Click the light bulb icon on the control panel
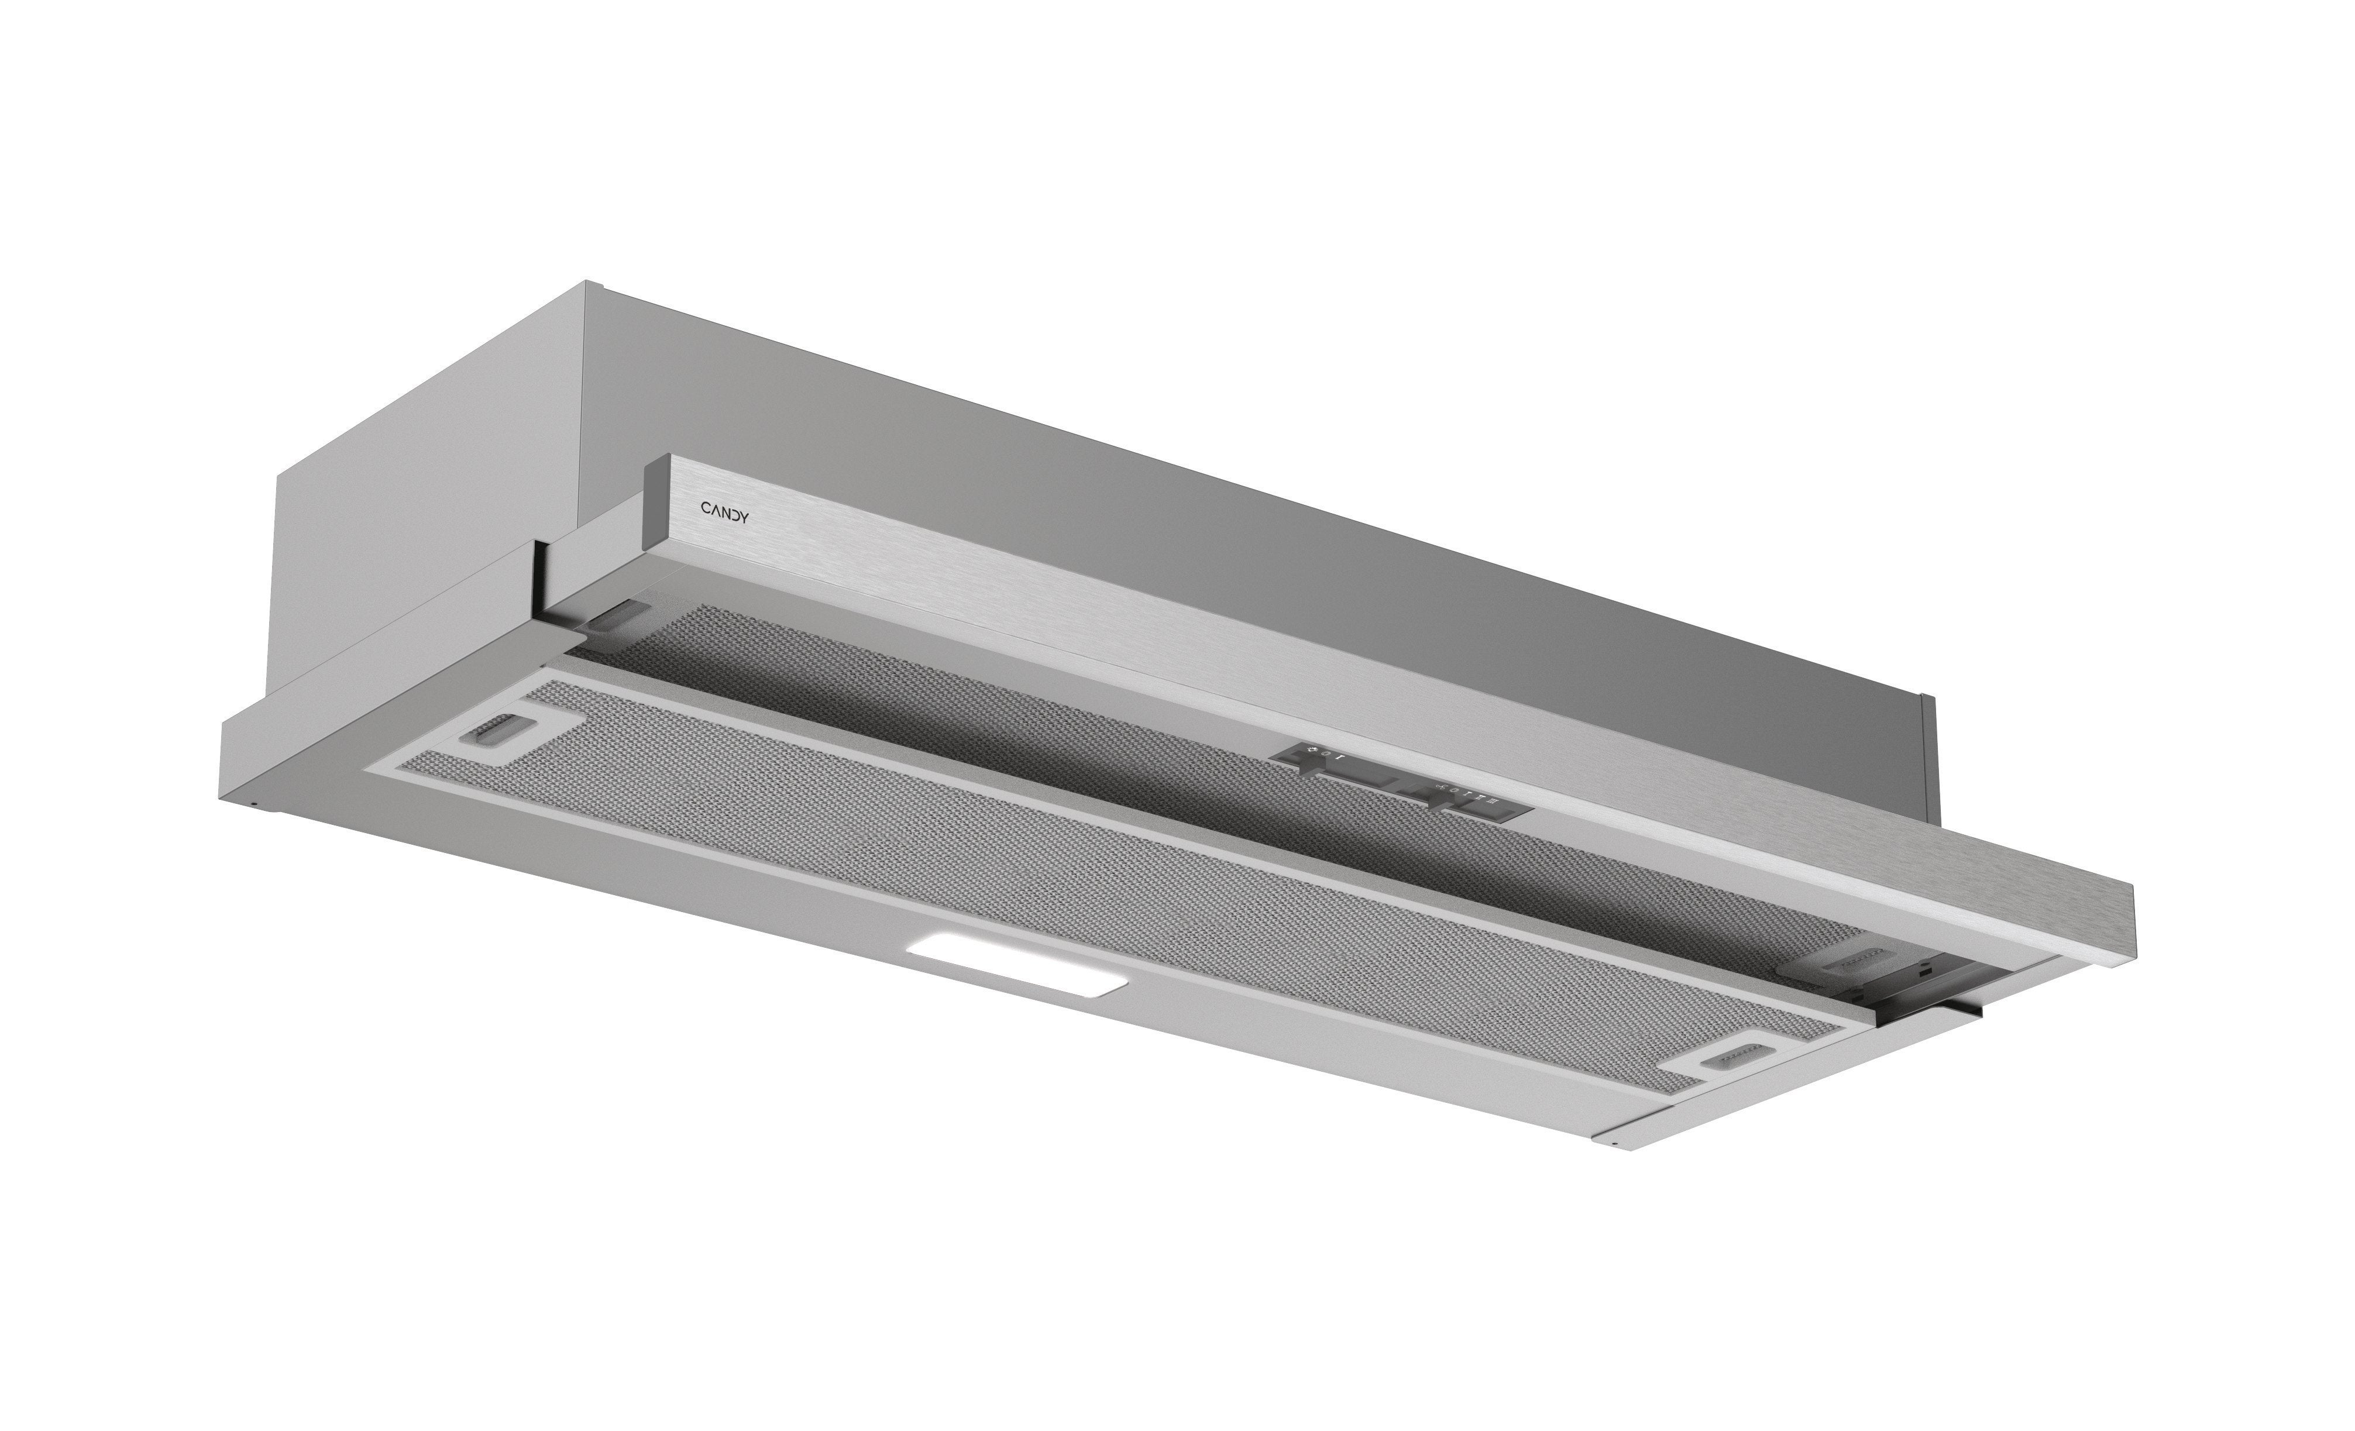point(1312,749)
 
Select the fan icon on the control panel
point(1440,787)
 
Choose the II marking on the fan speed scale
point(1480,797)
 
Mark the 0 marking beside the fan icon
point(1454,790)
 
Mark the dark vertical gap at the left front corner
point(540,583)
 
